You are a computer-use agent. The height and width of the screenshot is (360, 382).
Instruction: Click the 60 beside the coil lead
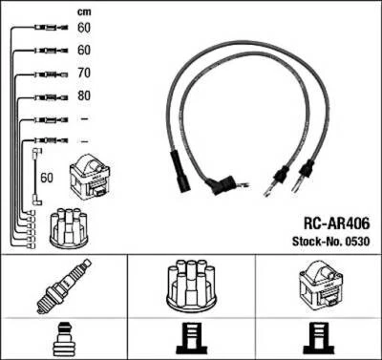click(47, 177)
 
